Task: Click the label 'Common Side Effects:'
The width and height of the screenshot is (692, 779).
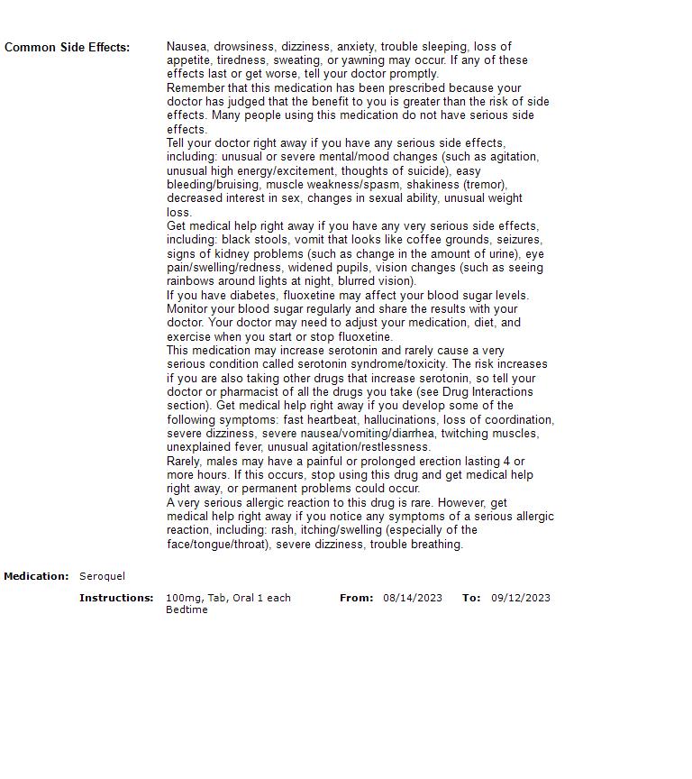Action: pyautogui.click(x=67, y=47)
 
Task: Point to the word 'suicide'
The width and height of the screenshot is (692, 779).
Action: pyautogui.click(x=423, y=170)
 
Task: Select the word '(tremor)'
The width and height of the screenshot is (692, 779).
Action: pyautogui.click(x=485, y=184)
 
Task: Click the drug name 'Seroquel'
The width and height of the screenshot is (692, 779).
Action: pyautogui.click(x=102, y=576)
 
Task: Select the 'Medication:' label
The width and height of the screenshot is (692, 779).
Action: pyautogui.click(x=36, y=576)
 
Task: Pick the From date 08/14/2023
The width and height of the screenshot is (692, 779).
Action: pyautogui.click(x=413, y=598)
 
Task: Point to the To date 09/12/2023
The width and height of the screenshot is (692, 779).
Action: pyautogui.click(x=521, y=598)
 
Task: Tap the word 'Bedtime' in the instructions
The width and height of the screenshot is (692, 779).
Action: pyautogui.click(x=187, y=609)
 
